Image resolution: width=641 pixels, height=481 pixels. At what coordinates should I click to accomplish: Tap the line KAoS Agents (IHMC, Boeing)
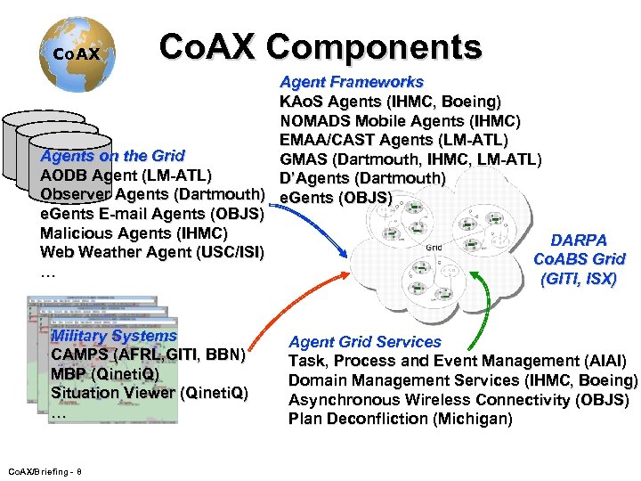390,101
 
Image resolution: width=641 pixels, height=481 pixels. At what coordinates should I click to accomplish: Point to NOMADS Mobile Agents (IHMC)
400,120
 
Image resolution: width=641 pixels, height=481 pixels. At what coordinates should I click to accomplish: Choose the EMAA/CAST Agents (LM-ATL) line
394,140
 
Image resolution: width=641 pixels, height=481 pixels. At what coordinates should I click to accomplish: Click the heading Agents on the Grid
112,156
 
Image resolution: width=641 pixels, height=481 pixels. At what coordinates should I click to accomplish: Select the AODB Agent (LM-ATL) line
126,175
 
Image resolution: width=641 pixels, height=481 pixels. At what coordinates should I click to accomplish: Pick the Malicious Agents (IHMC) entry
134,232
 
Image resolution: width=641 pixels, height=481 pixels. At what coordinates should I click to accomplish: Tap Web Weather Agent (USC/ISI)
151,252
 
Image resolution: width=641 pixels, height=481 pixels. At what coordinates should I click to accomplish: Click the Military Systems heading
114,336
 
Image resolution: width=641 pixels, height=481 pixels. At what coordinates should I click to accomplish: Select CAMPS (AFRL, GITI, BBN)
148,355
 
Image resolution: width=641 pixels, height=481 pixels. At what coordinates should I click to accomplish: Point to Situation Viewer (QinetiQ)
149,393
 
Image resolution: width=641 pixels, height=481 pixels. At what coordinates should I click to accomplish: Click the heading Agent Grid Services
365,341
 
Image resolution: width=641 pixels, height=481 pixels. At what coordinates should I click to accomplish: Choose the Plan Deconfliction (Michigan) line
400,419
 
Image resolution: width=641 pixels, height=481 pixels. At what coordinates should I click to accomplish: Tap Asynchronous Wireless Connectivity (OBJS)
458,400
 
